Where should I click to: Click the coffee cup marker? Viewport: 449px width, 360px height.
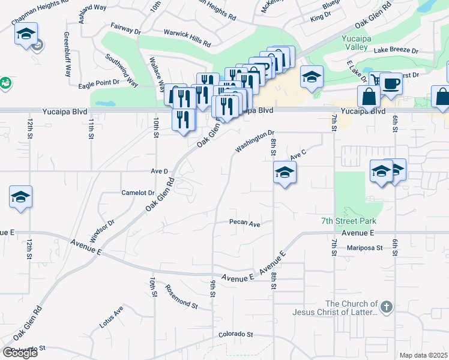pos(391,85)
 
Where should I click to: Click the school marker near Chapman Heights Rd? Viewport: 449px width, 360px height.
pos(26,34)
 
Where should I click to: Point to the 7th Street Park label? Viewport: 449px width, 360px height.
pos(344,221)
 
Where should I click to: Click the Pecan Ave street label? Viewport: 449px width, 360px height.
pos(245,223)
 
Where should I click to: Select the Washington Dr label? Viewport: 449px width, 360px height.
pos(255,142)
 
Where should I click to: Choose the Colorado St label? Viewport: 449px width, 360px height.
pos(236,334)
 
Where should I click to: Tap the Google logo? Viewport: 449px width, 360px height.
pos(20,353)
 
